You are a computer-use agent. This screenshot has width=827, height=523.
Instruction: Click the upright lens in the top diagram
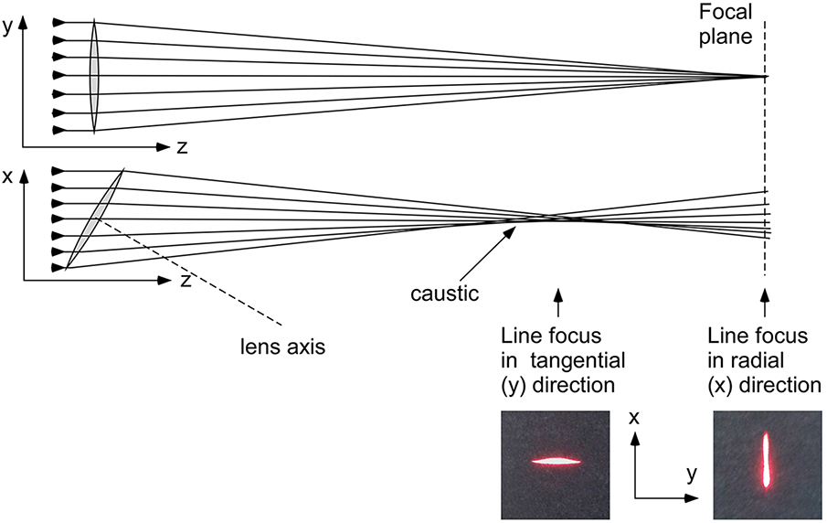tap(94, 76)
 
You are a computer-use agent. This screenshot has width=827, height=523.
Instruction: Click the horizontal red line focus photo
tap(555, 464)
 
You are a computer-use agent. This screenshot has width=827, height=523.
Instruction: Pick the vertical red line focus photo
tap(765, 464)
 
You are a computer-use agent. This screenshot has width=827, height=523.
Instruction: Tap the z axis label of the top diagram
tap(183, 147)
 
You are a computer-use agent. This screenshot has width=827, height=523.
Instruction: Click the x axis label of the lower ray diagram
tap(7, 177)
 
